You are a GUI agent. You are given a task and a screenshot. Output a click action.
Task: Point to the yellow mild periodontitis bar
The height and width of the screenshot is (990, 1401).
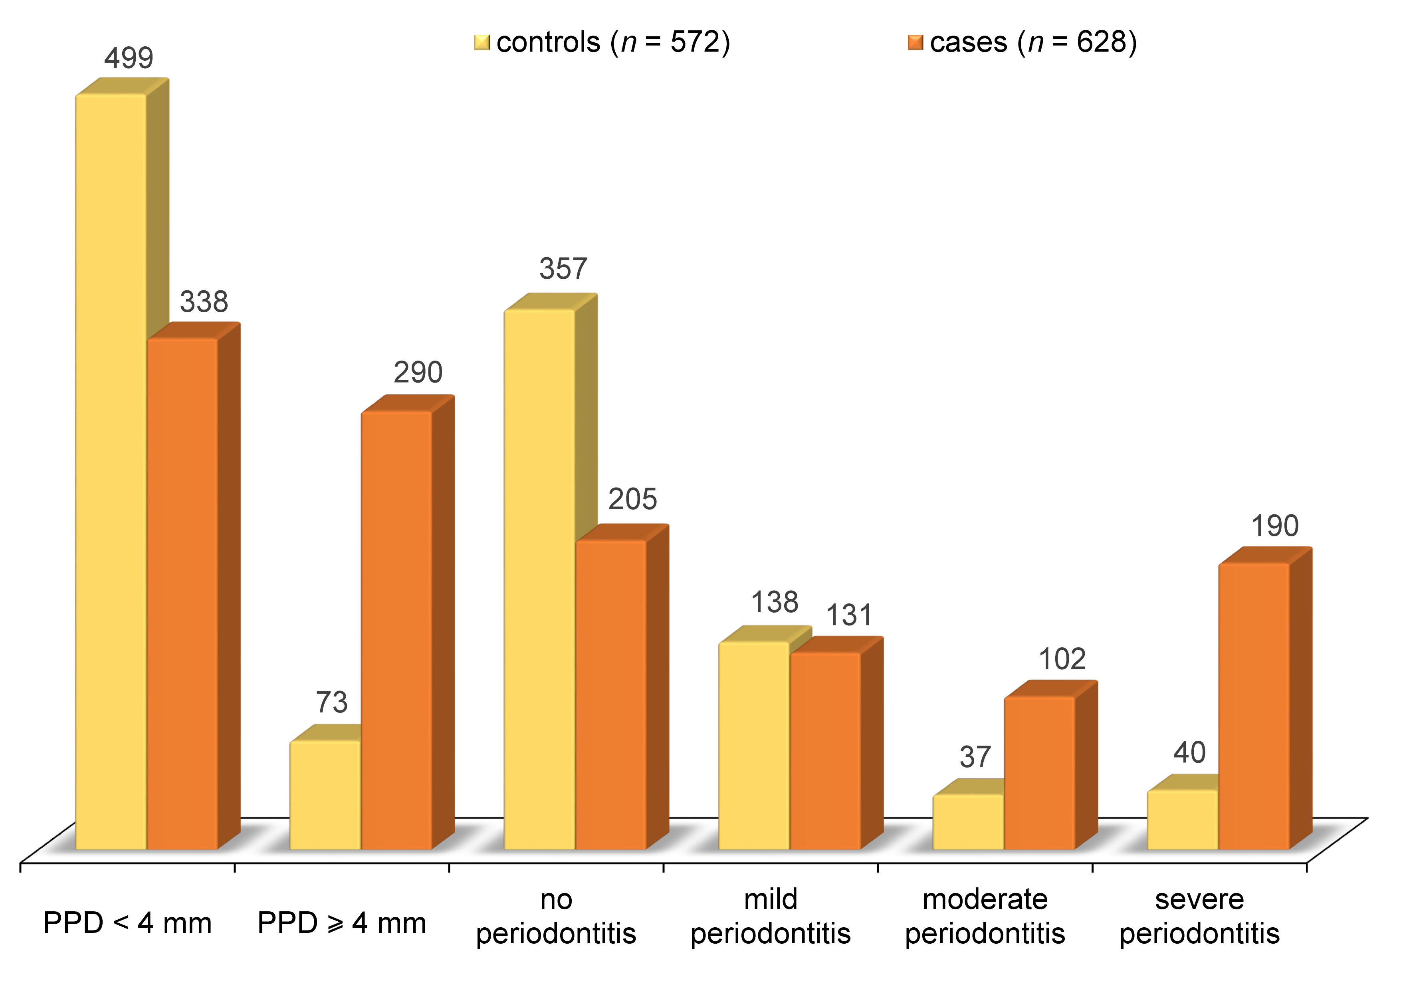754,745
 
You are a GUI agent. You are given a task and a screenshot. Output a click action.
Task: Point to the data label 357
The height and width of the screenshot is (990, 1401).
563,268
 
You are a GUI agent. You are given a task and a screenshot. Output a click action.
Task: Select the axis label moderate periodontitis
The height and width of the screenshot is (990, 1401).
985,916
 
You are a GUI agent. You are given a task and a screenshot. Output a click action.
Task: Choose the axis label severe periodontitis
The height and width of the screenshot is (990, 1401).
1199,916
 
